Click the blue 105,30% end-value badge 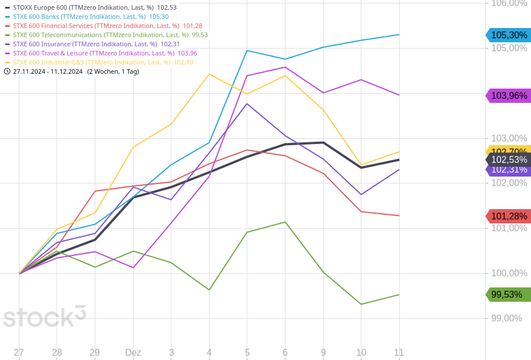pyautogui.click(x=508, y=35)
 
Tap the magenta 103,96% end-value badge pyautogui.click(x=508, y=95)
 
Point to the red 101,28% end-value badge pyautogui.click(x=508, y=216)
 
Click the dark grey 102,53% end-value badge pyautogui.click(x=508, y=160)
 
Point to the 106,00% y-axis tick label pyautogui.click(x=509, y=3)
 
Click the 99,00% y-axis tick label pyautogui.click(x=506, y=318)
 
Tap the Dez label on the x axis pyautogui.click(x=133, y=353)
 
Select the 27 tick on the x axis pyautogui.click(x=19, y=353)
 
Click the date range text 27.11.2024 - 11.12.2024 pyautogui.click(x=48, y=71)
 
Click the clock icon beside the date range pyautogui.click(x=7, y=71)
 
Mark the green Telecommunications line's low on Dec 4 pyautogui.click(x=209, y=290)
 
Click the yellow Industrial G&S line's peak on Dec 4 pyautogui.click(x=209, y=74)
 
